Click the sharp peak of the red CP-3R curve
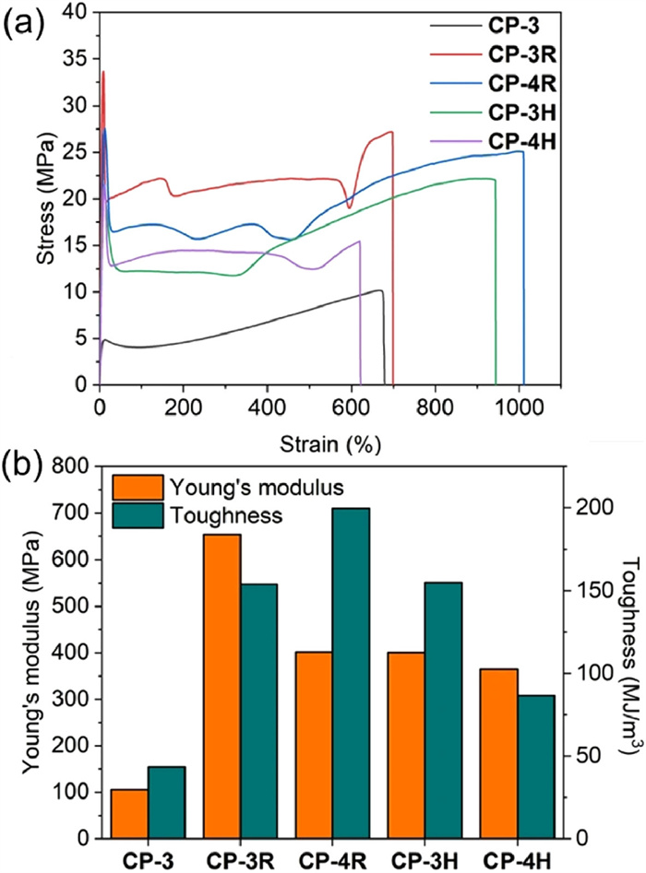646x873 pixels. point(102,72)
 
